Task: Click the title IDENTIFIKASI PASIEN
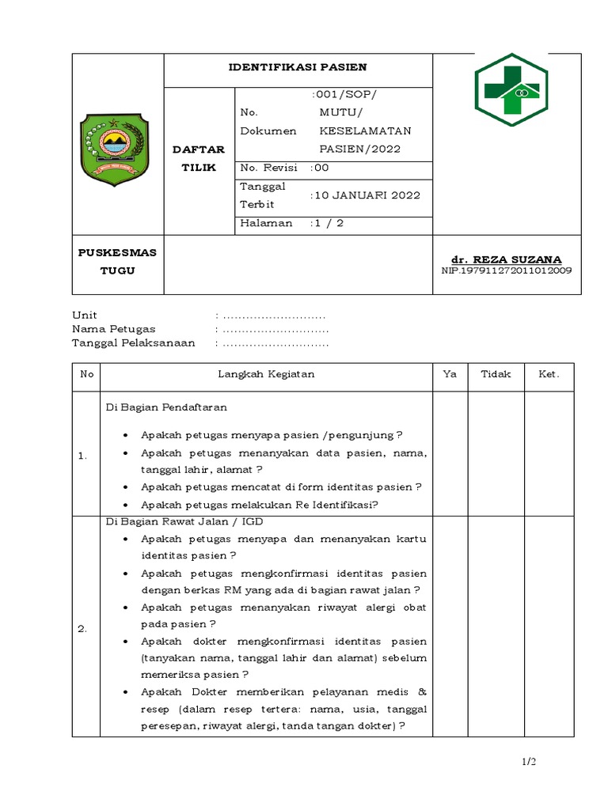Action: (298, 68)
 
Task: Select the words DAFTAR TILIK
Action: (199, 158)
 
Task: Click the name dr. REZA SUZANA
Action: (506, 259)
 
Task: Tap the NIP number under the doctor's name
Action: (506, 271)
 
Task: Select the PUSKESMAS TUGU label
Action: (117, 261)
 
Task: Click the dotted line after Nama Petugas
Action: (275, 329)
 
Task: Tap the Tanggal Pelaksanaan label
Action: (133, 343)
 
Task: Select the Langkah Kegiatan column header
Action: (266, 374)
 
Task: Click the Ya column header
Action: (450, 374)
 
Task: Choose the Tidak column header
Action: (496, 374)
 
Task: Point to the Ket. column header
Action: (549, 374)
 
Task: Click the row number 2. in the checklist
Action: (82, 629)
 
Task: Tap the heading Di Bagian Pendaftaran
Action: (167, 407)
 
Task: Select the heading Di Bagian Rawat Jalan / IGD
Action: (184, 521)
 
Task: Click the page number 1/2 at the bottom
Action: (529, 762)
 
